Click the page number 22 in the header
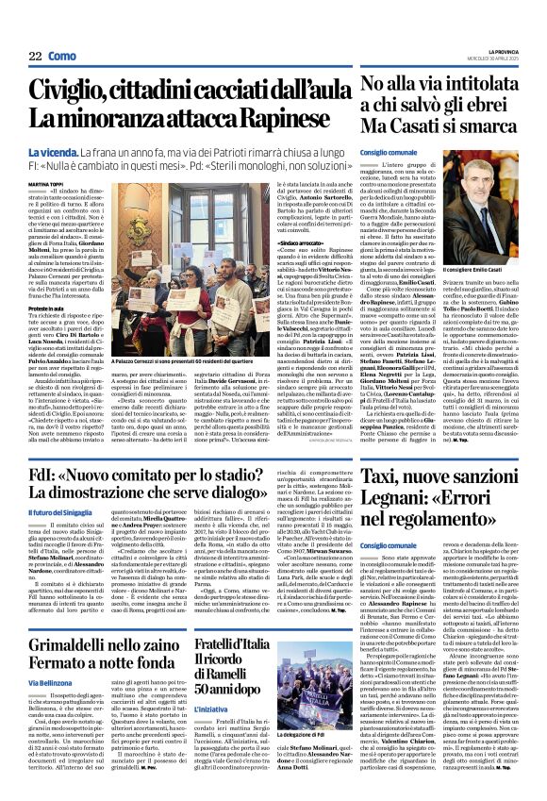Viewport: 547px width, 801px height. coord(35,57)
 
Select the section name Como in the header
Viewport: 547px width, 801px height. coord(61,57)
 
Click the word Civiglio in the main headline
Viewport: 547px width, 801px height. coord(80,90)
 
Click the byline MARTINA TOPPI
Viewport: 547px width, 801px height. coord(46,184)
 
